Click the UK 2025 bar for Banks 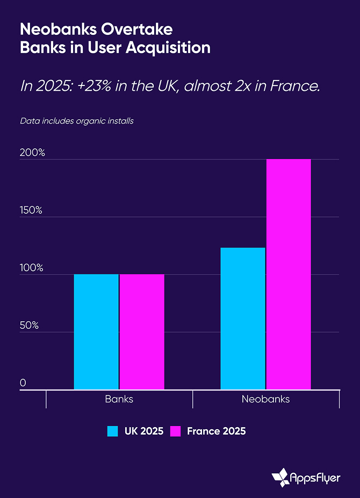pyautogui.click(x=96, y=331)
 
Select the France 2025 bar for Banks pyautogui.click(x=142, y=331)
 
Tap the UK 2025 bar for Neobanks pyautogui.click(x=243, y=318)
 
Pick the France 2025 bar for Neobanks pyautogui.click(x=289, y=274)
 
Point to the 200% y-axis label pyautogui.click(x=32, y=153)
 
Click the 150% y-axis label pyautogui.click(x=32, y=210)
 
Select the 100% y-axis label pyautogui.click(x=32, y=268)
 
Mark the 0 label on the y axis pyautogui.click(x=23, y=382)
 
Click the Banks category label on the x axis pyautogui.click(x=119, y=399)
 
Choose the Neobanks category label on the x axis pyautogui.click(x=265, y=399)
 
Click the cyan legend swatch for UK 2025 pyautogui.click(x=112, y=431)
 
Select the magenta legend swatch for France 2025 pyautogui.click(x=175, y=431)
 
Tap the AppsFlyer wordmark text pyautogui.click(x=315, y=477)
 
